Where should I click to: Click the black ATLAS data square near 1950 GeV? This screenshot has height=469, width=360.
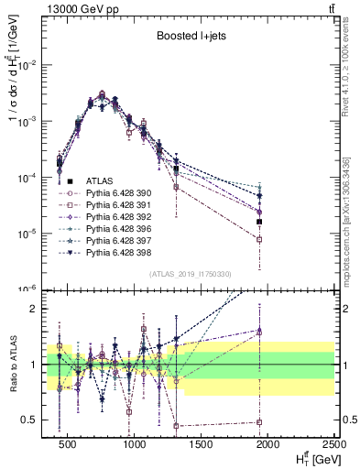pyautogui.click(x=260, y=222)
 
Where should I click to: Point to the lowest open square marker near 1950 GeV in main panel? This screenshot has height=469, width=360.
pyautogui.click(x=260, y=239)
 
